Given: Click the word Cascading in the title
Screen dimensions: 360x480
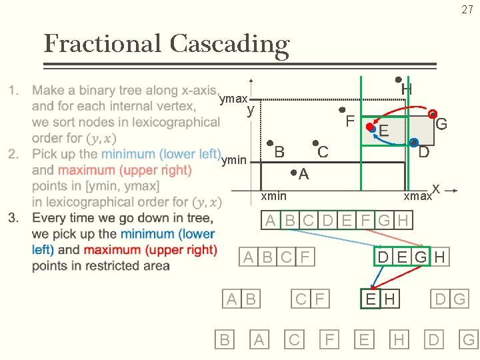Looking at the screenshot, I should coord(229,45).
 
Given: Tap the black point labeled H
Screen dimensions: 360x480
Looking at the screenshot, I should coord(398,79).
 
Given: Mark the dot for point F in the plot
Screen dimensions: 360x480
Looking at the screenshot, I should coord(341,110).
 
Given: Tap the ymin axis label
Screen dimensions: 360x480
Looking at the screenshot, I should coord(233,160).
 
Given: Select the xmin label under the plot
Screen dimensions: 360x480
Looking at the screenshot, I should coord(273,195).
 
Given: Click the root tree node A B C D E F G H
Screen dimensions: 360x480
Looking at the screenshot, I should coord(337,220).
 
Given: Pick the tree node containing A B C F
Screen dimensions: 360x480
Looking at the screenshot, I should coord(279,257).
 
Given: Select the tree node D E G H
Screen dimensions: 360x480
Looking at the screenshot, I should coord(411,257).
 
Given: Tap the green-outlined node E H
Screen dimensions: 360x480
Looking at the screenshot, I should coord(380,299).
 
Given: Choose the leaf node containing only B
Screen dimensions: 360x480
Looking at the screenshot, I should coord(225,340).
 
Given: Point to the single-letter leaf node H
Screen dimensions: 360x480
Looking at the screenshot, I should coord(399,340).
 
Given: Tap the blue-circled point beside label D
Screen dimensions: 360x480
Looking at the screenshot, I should coord(413,143).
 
